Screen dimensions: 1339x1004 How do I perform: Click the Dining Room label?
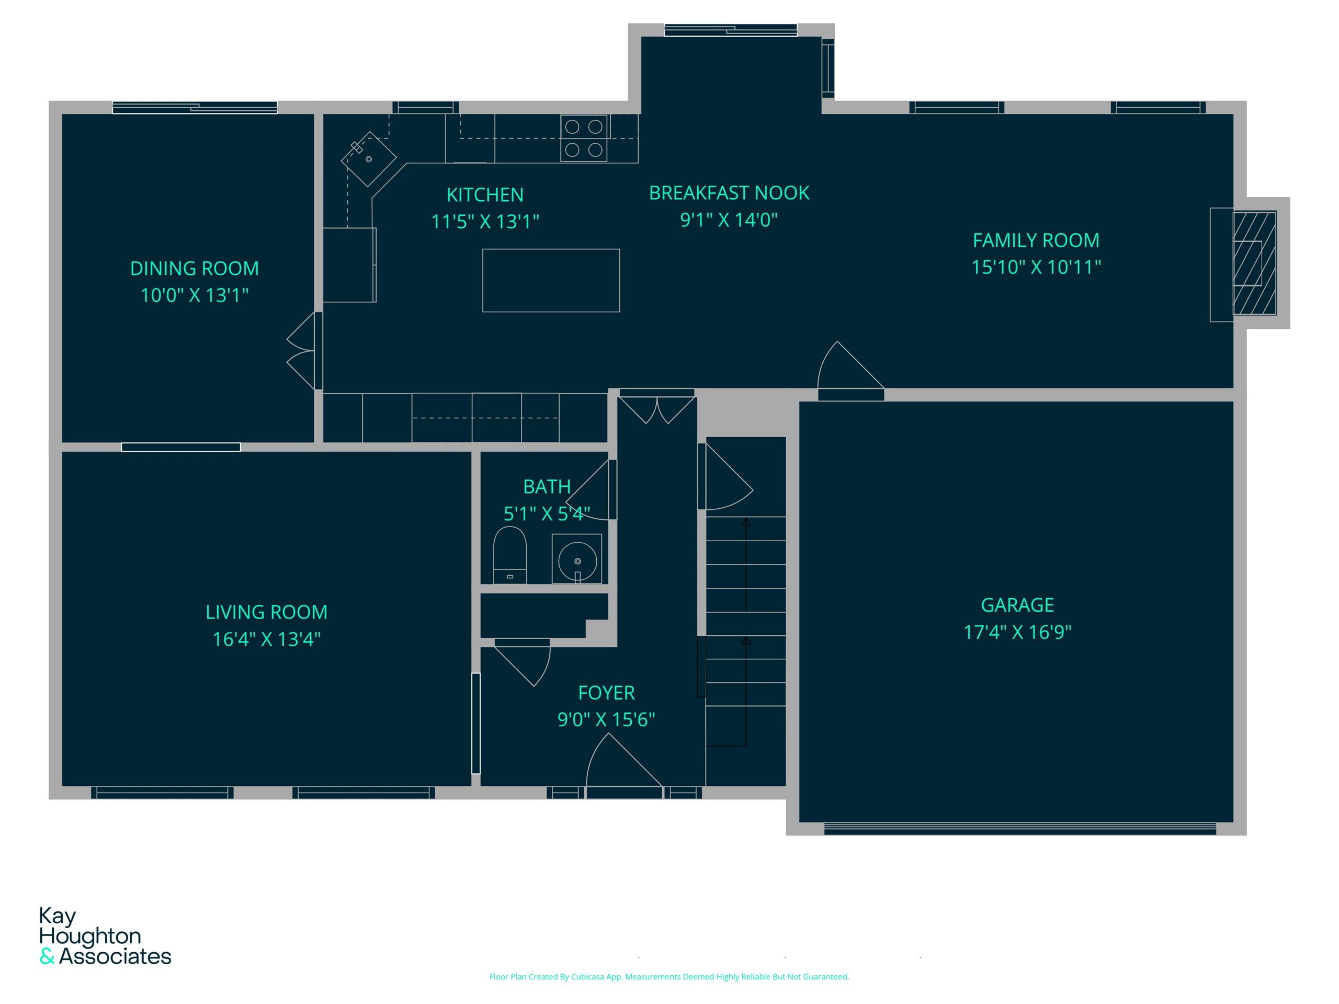coord(195,268)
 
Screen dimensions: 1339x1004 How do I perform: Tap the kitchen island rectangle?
coord(551,280)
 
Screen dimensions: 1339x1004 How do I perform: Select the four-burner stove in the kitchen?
coord(584,138)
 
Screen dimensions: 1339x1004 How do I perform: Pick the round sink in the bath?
coord(577,559)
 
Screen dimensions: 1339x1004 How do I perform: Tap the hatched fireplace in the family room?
coord(1254,263)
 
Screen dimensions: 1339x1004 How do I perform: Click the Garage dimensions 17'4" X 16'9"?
coord(1017,632)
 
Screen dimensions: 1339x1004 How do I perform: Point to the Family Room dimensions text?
coord(1036,267)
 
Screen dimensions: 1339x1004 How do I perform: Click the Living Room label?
coord(266,612)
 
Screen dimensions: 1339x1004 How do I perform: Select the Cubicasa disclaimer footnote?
coord(669,976)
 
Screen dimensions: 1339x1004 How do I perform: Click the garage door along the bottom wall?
coord(1020,828)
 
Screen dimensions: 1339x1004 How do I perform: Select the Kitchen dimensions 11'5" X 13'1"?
coord(485,222)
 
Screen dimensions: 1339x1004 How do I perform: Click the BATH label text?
coord(547,486)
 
